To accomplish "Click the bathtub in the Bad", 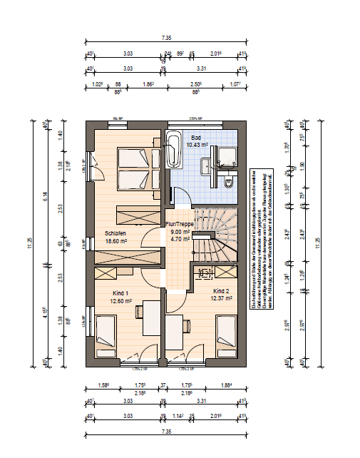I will pyautogui.click(x=173, y=149).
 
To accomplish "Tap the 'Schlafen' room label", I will pyautogui.click(x=115, y=233).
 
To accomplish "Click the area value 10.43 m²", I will pyautogui.click(x=197, y=144).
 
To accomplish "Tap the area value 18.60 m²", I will pyautogui.click(x=115, y=241).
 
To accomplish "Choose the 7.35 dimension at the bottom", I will pyautogui.click(x=166, y=432).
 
